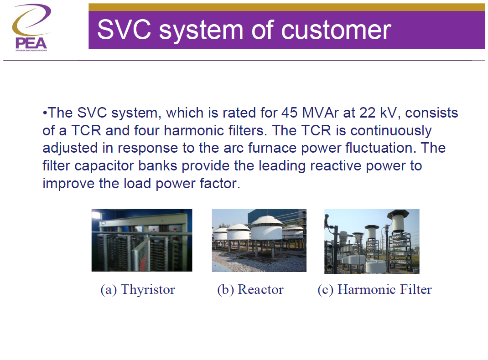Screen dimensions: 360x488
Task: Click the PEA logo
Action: coord(30,27)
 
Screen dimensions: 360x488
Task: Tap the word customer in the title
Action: coord(336,29)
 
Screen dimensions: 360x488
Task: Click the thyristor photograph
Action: coord(141,240)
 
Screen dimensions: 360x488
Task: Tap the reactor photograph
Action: coord(259,240)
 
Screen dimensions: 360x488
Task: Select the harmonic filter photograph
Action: coord(372,241)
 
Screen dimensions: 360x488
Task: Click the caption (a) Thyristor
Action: coord(138,289)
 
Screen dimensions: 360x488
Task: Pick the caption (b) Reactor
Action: coord(250,289)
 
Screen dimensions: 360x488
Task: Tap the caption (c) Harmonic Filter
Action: coord(374,289)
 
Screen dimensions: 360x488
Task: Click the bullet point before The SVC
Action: coord(45,113)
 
